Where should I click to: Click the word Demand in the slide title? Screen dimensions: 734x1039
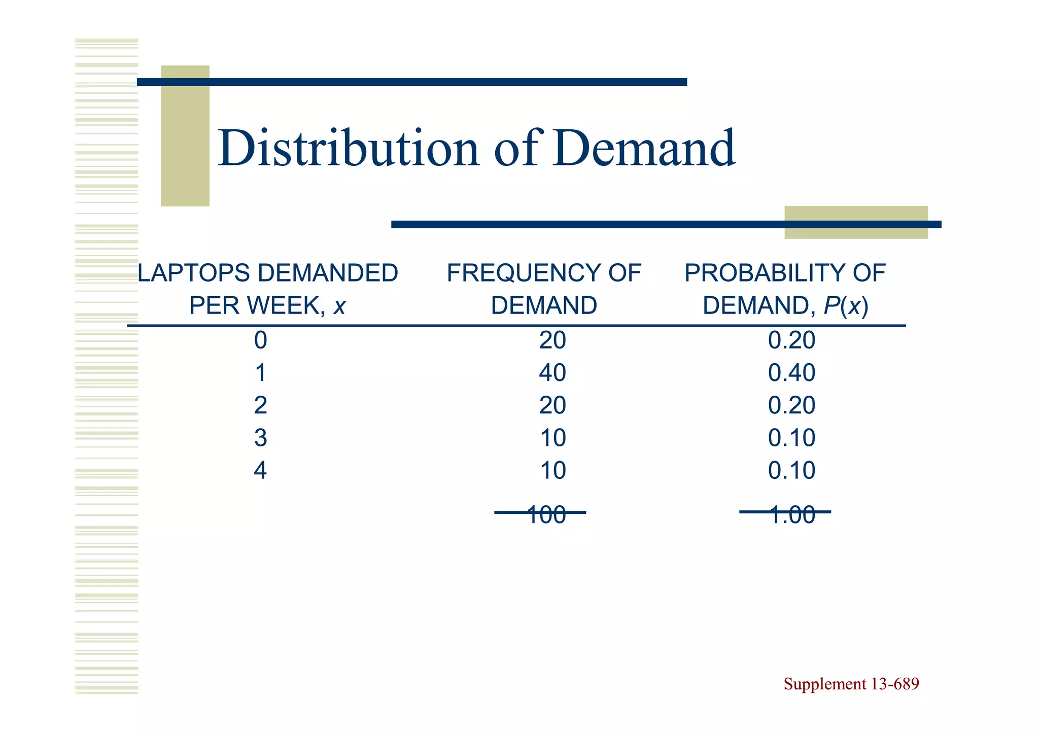pyautogui.click(x=644, y=148)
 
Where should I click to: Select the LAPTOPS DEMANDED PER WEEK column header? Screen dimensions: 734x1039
pyautogui.click(x=267, y=289)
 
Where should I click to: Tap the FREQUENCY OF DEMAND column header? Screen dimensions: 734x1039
pyautogui.click(x=543, y=289)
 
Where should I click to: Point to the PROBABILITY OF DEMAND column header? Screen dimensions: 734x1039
pyautogui.click(x=785, y=289)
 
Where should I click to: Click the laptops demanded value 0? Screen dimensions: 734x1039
pyautogui.click(x=260, y=340)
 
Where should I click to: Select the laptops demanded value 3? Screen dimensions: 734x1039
pyautogui.click(x=260, y=438)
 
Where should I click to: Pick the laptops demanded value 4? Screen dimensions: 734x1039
pyautogui.click(x=260, y=471)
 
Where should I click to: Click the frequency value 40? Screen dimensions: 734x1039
pyautogui.click(x=552, y=373)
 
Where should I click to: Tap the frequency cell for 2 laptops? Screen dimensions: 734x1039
pyautogui.click(x=552, y=405)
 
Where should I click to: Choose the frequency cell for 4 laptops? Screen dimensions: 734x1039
pyautogui.click(x=552, y=471)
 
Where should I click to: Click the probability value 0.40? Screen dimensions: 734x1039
pyautogui.click(x=791, y=373)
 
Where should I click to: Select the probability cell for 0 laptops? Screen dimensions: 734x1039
pyautogui.click(x=791, y=340)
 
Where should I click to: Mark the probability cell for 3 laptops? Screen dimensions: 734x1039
pyautogui.click(x=791, y=438)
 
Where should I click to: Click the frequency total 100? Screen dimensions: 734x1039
pyautogui.click(x=546, y=515)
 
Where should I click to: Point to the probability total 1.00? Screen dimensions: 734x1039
pyautogui.click(x=791, y=515)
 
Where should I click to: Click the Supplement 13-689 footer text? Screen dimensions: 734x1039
pyautogui.click(x=851, y=684)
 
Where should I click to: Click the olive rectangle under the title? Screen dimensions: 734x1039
pyautogui.click(x=856, y=222)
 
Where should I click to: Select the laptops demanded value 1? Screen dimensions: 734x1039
pyautogui.click(x=260, y=373)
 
